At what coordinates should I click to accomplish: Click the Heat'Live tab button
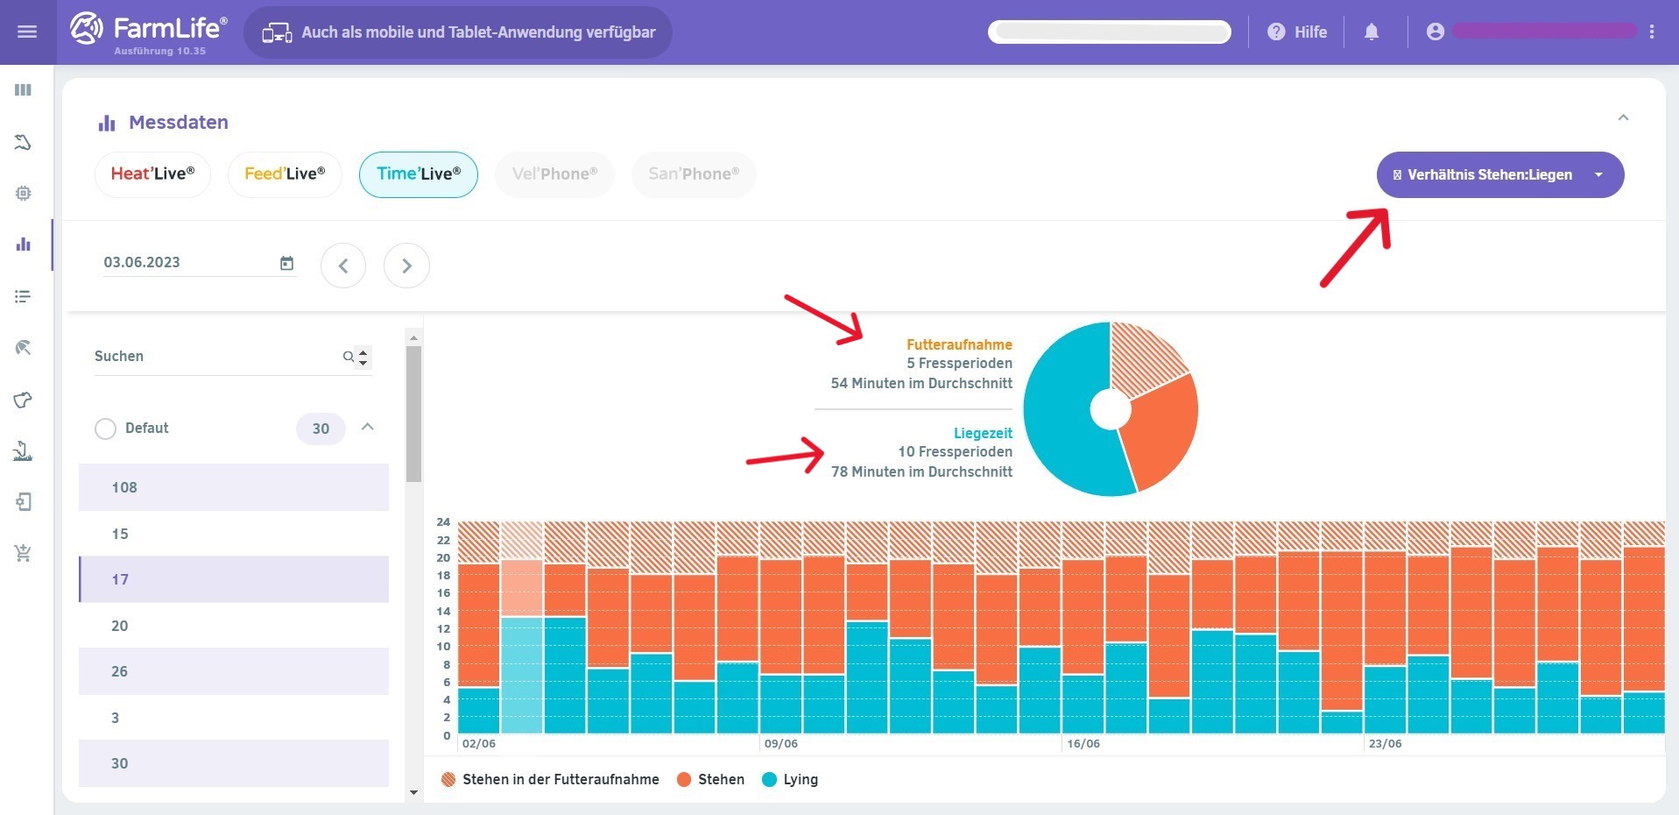(152, 174)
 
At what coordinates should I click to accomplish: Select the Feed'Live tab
(285, 174)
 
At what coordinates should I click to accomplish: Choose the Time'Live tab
(419, 174)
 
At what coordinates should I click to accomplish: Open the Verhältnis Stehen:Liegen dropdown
(1499, 175)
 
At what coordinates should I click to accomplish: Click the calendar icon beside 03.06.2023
(286, 263)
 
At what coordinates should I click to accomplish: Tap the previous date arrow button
(343, 266)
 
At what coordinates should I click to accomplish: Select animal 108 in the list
(233, 487)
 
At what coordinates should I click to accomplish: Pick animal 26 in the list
(233, 671)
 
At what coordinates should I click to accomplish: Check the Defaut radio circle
(105, 429)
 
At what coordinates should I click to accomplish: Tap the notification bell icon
(1372, 32)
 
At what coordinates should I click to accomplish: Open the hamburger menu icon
(27, 32)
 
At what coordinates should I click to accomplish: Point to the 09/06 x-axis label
(780, 744)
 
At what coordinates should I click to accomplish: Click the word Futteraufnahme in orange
(959, 344)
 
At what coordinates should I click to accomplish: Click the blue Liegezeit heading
(983, 433)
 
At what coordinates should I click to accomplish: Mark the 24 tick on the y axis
(443, 522)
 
